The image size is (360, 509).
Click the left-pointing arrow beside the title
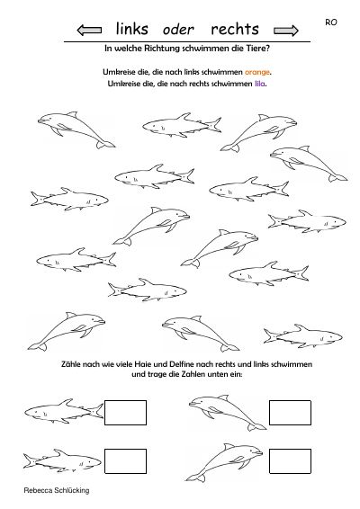click(x=89, y=31)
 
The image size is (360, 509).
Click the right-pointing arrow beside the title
click(x=286, y=31)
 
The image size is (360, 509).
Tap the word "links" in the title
click(x=132, y=29)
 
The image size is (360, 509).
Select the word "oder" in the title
click(x=178, y=30)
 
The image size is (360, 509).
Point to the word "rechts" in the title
click(x=235, y=29)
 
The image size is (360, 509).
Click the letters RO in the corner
click(x=331, y=22)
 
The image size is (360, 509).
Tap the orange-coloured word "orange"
click(x=257, y=72)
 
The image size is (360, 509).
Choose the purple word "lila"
click(x=259, y=84)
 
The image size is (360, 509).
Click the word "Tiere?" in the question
click(x=258, y=49)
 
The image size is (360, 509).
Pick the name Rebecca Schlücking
click(x=57, y=490)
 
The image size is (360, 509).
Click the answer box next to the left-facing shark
click(x=125, y=413)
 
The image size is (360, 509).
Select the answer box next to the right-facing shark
click(x=125, y=461)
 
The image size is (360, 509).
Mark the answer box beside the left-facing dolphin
click(x=290, y=413)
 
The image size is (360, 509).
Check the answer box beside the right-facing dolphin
click(x=290, y=461)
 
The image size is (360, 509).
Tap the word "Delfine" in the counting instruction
click(x=175, y=364)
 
